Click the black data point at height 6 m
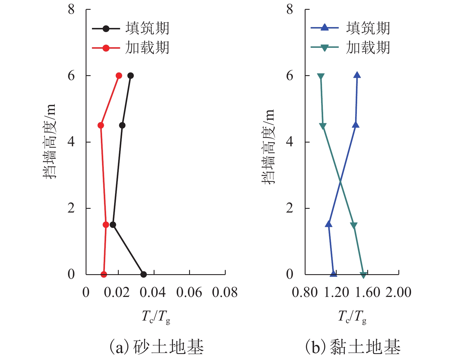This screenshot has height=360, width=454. (131, 76)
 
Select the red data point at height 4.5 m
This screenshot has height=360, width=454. (101, 125)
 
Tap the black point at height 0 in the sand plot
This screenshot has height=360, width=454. (144, 274)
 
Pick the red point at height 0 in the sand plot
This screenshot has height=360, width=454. (104, 274)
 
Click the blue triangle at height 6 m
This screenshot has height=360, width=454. (357, 75)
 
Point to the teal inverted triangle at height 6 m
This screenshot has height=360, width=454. (321, 76)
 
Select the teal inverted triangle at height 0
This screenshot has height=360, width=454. (363, 275)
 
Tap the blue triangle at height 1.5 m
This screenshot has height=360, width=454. (329, 224)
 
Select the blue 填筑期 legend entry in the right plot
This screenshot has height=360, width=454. (350, 28)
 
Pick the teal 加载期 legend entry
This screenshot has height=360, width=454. (350, 48)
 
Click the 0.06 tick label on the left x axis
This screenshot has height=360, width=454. (189, 293)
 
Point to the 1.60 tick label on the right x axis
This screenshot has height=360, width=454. (368, 293)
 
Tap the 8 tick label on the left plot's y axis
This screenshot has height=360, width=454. (71, 10)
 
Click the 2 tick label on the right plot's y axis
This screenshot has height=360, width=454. (289, 208)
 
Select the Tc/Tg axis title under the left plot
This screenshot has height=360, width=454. (156, 317)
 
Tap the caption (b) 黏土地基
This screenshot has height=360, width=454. (353, 346)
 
